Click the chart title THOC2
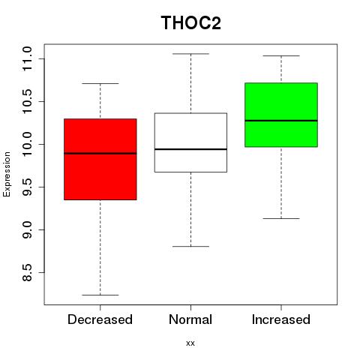pos(191,22)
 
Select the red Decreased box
pos(100,159)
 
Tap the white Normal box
pos(190,142)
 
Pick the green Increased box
pos(281,115)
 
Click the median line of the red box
pos(100,154)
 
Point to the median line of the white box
pos(190,149)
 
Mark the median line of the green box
pos(281,121)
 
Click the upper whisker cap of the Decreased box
pos(100,83)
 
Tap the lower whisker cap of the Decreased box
pos(100,295)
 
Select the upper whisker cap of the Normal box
pos(190,54)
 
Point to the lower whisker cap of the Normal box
pos(190,247)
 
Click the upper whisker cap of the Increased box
pos(281,55)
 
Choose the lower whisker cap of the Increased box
pos(281,219)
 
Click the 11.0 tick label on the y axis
pos(27,58)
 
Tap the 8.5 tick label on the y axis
pos(27,272)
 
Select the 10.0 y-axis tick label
pos(27,144)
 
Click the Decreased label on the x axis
pos(100,319)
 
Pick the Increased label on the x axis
pos(281,319)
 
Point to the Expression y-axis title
pos(7,174)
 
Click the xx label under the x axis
pos(190,343)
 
